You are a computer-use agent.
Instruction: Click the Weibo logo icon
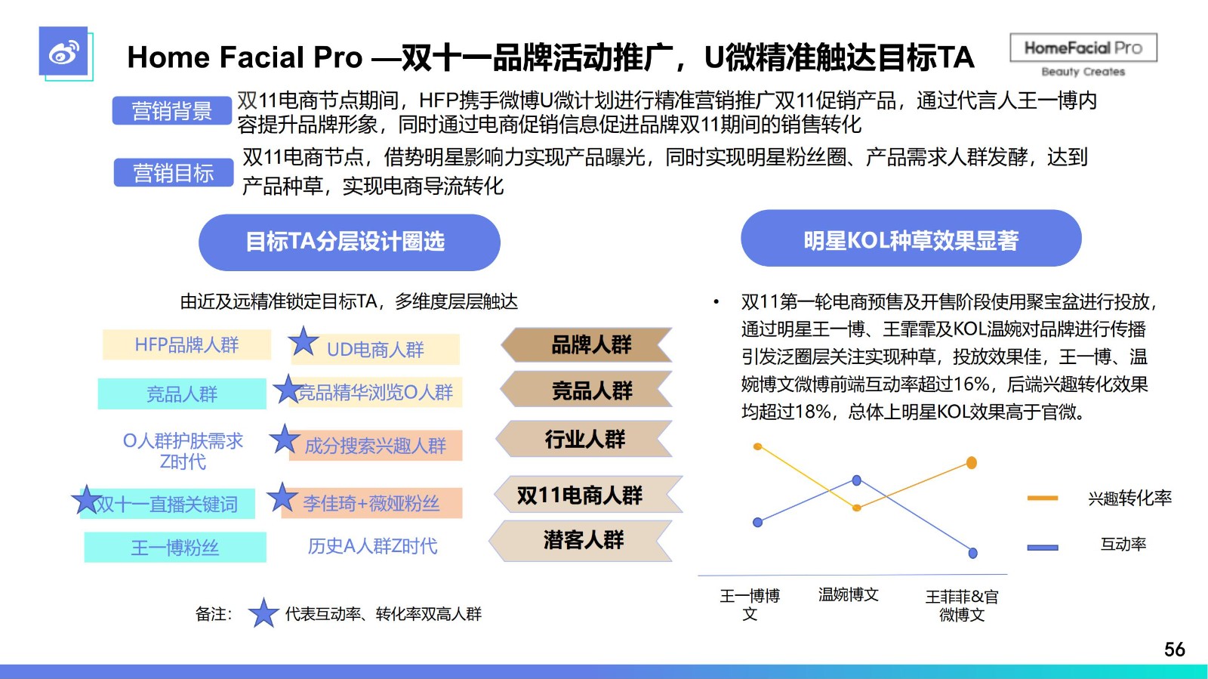(x=63, y=51)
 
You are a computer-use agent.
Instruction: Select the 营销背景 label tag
(x=172, y=110)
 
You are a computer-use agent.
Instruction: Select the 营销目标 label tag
(x=174, y=172)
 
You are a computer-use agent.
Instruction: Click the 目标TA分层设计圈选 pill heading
(x=350, y=242)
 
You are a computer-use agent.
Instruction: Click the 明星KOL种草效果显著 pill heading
(x=911, y=239)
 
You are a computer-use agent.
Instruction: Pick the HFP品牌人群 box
(x=186, y=344)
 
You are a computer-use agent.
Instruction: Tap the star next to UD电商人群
(x=303, y=341)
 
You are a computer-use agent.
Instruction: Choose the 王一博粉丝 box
(x=175, y=548)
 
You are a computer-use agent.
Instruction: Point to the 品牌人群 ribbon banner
(x=587, y=344)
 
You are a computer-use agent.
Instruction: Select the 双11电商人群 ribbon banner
(x=588, y=495)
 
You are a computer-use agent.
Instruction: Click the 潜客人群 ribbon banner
(x=581, y=540)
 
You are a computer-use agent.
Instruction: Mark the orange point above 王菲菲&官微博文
(x=971, y=463)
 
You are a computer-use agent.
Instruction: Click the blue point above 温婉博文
(x=856, y=480)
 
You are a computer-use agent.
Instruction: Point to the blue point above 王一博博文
(x=758, y=522)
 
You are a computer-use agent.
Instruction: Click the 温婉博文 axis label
(x=849, y=595)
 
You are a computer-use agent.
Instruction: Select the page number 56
(x=1175, y=649)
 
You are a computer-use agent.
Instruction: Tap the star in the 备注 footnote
(x=263, y=613)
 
